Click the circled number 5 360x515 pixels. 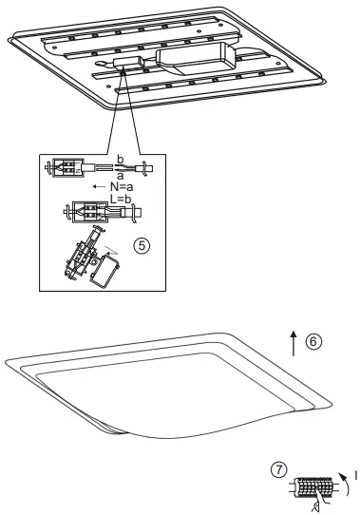(142, 244)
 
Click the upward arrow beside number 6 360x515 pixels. (294, 343)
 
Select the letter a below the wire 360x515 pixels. (119, 176)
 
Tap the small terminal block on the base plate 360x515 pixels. (125, 67)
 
